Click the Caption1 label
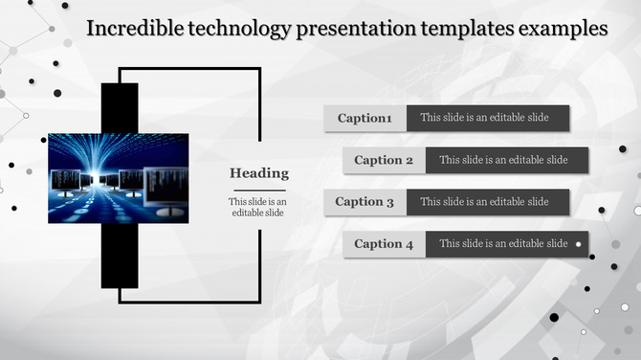click(365, 119)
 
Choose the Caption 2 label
click(384, 160)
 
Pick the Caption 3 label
click(365, 202)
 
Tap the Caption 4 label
click(384, 244)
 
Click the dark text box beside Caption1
click(488, 119)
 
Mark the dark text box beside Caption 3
click(488, 202)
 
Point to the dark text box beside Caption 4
click(503, 244)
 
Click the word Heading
click(258, 173)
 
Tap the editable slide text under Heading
click(258, 207)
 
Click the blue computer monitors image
click(118, 178)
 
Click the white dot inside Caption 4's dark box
click(578, 244)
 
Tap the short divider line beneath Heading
click(258, 189)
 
